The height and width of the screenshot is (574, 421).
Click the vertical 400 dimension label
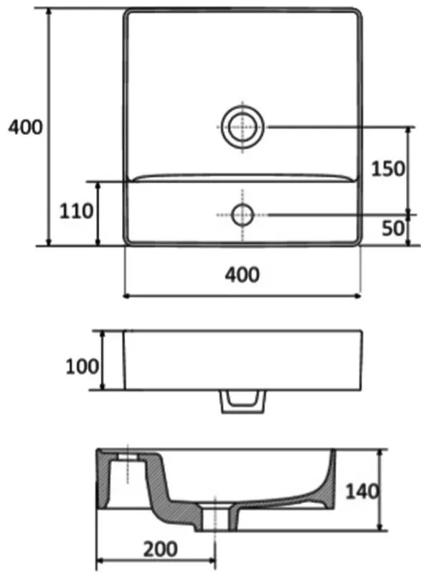[x=25, y=128]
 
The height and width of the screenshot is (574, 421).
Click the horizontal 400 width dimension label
[x=242, y=275]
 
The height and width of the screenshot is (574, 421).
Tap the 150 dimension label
[x=388, y=169]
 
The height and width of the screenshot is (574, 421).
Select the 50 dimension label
[x=393, y=228]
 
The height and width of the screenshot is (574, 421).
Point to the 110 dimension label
[x=77, y=211]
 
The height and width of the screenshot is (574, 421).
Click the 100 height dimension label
[x=82, y=367]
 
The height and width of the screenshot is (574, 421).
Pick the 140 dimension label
[x=362, y=491]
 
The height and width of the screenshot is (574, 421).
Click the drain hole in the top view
[x=242, y=127]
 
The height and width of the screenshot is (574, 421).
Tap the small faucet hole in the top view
[x=242, y=215]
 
